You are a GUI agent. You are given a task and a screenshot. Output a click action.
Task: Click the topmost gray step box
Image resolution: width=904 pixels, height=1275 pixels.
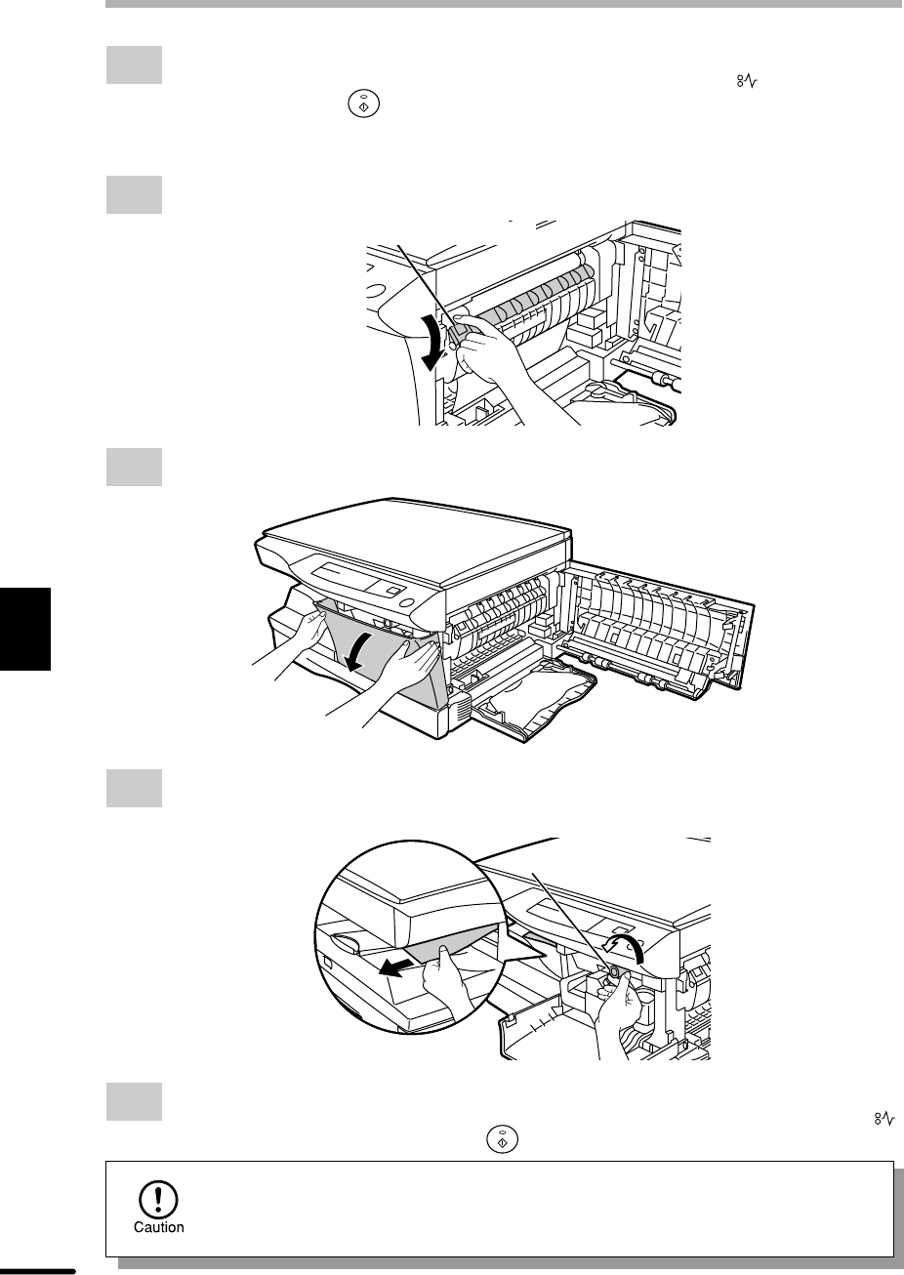pyautogui.click(x=134, y=64)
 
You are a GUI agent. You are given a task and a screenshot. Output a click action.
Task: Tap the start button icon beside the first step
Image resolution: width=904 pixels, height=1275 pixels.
pyautogui.click(x=364, y=104)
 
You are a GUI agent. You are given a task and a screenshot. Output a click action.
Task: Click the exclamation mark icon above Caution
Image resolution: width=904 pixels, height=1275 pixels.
pyautogui.click(x=158, y=1199)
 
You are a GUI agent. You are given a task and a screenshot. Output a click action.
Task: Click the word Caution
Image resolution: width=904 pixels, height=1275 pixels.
pyautogui.click(x=159, y=1227)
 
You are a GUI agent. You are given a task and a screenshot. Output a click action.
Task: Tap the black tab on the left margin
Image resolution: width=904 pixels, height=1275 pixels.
pyautogui.click(x=25, y=629)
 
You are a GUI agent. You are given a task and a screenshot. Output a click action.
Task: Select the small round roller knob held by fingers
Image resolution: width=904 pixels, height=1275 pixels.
pyautogui.click(x=614, y=970)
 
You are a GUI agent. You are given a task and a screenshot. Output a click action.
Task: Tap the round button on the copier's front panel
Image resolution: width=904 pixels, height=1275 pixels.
pyautogui.click(x=408, y=603)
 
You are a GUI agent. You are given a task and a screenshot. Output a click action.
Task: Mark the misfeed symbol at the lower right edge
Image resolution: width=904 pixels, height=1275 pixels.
pyautogui.click(x=884, y=1119)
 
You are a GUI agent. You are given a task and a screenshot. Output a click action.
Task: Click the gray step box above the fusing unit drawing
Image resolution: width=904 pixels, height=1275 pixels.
pyautogui.click(x=134, y=194)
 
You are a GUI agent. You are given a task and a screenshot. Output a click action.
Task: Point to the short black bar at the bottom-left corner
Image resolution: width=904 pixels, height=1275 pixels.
pyautogui.click(x=37, y=1271)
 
